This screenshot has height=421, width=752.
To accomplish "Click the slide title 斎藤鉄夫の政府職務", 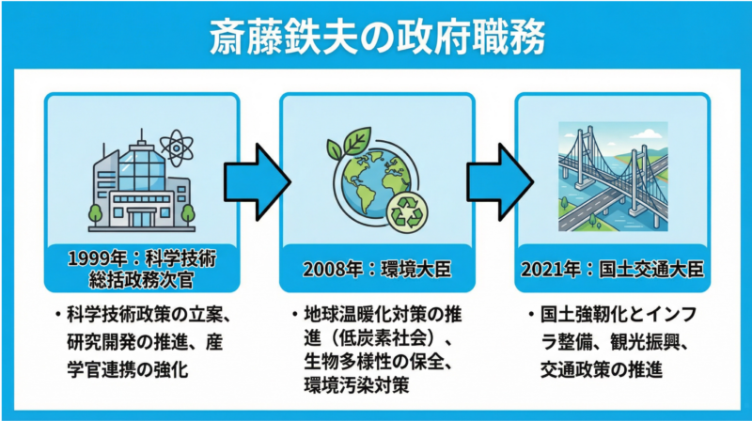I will pos(376,39).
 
